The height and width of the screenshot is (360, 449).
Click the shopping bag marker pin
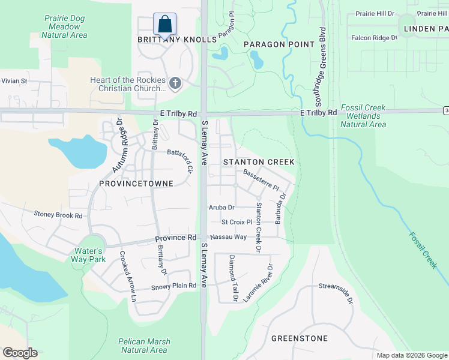pyautogui.click(x=165, y=25)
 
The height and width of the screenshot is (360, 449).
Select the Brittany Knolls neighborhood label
pyautogui.click(x=176, y=39)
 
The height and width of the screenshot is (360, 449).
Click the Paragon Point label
pyautogui.click(x=279, y=44)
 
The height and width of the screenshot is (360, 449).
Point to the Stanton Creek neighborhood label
pyautogui.click(x=259, y=162)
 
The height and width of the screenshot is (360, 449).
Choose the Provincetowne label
pyautogui.click(x=136, y=183)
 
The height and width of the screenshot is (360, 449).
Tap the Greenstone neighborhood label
pyautogui.click(x=300, y=338)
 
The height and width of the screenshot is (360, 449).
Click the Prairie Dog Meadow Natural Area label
pyautogui.click(x=64, y=26)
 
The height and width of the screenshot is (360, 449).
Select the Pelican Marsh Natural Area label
pyautogui.click(x=144, y=346)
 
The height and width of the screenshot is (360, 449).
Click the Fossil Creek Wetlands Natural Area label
pyautogui.click(x=363, y=116)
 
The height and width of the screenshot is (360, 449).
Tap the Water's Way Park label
pyautogui.click(x=90, y=255)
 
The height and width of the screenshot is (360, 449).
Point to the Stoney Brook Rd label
pyautogui.click(x=58, y=214)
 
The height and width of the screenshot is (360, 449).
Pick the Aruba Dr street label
pyautogui.click(x=221, y=207)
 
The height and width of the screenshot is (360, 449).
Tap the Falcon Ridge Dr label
pyautogui.click(x=374, y=37)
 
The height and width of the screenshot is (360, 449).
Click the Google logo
pyautogui.click(x=20, y=353)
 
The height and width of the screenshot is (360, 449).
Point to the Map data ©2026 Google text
pyautogui.click(x=411, y=355)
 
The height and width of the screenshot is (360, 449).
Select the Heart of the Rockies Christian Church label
pyautogui.click(x=127, y=84)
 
